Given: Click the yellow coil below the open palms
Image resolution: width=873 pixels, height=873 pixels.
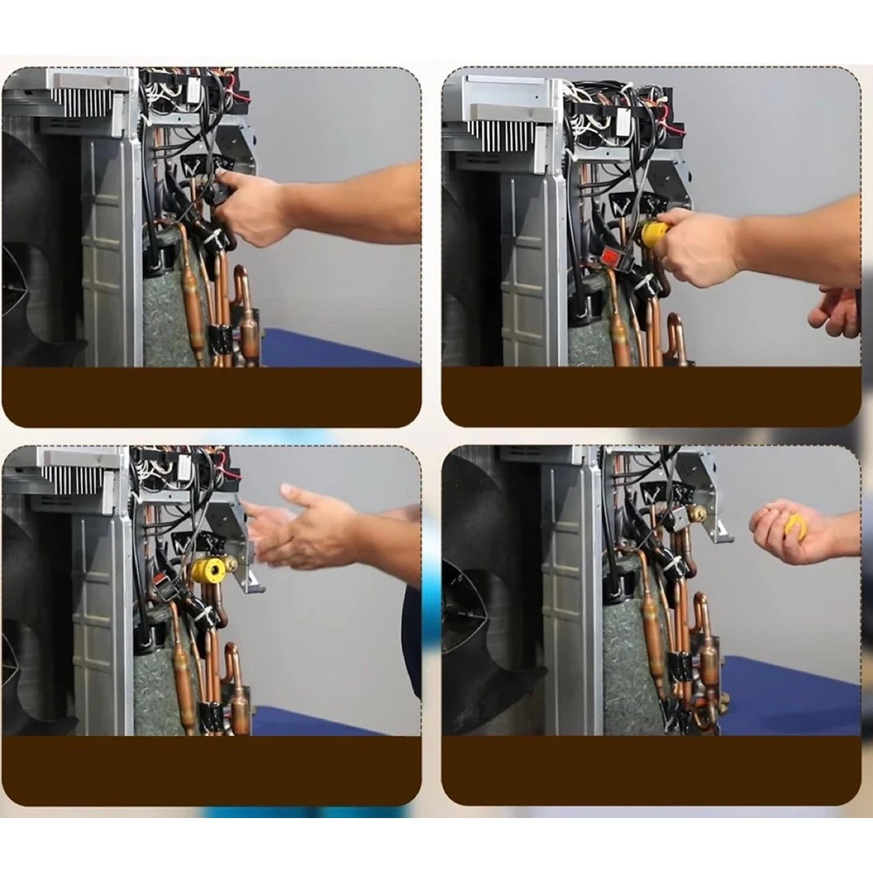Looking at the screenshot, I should pos(210,569).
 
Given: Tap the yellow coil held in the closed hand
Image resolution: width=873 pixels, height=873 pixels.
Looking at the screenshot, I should pos(796,526).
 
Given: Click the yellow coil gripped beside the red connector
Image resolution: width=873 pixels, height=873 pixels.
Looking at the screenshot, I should pos(654,233).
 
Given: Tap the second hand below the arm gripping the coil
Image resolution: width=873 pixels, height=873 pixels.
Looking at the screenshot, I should pos(835,311).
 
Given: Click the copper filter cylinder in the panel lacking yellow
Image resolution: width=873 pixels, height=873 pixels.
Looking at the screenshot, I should pos(193,305).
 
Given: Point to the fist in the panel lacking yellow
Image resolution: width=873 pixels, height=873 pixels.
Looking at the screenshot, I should pos(249,209).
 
